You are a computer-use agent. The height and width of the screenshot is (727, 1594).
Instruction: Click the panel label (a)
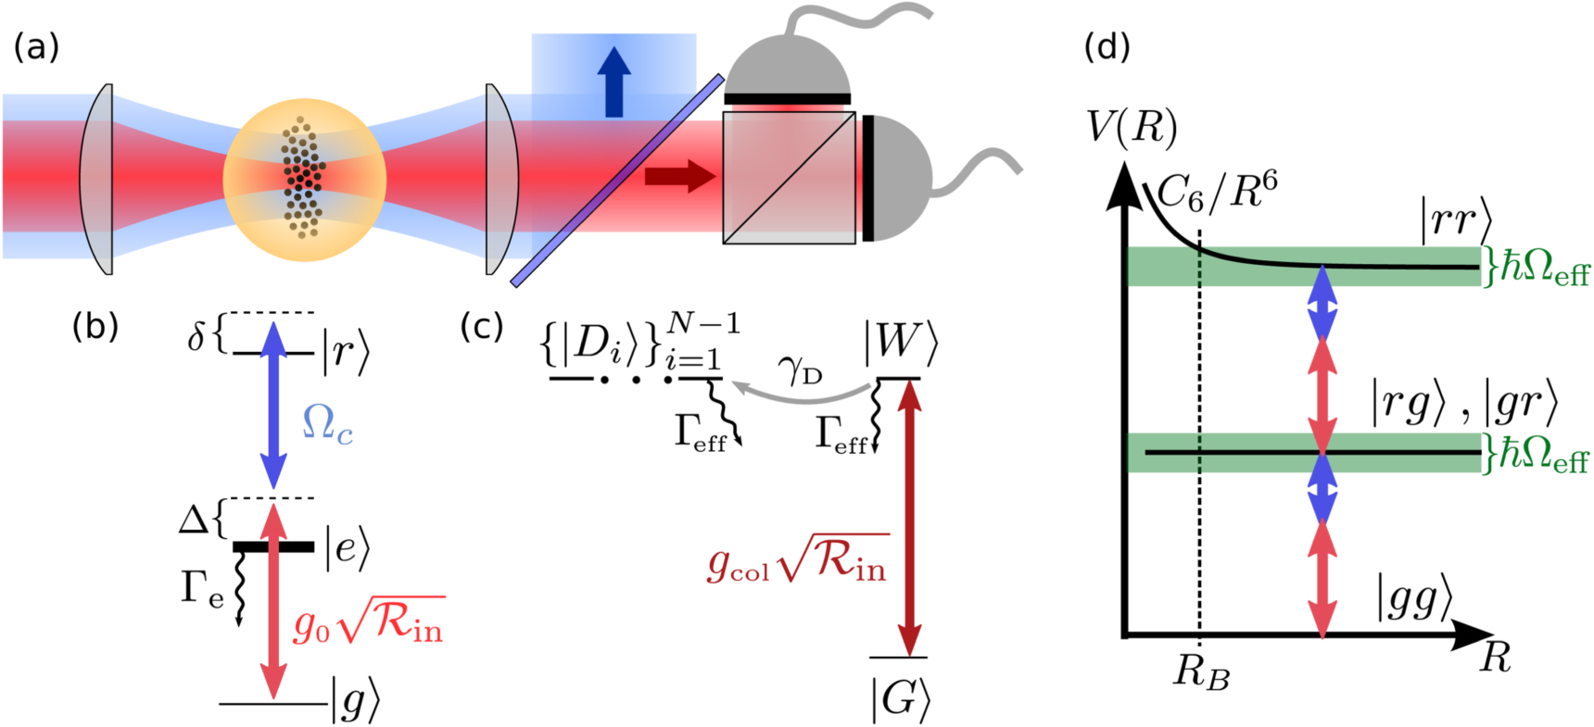coord(36,47)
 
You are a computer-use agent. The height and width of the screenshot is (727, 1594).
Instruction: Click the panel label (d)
coord(1107,47)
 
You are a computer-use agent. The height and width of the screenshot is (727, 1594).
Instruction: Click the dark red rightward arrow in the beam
coord(680,175)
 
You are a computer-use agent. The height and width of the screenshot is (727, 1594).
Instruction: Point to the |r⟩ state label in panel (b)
coord(345,352)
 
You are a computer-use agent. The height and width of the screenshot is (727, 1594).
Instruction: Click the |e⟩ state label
coord(347,548)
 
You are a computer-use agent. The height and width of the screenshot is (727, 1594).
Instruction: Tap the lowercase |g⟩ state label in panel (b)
coord(355,701)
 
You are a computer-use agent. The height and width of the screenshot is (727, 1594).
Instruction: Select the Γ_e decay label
coord(202,588)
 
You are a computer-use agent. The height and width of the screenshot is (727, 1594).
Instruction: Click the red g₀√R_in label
coord(368,621)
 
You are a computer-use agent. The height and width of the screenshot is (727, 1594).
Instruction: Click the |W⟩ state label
coord(900,344)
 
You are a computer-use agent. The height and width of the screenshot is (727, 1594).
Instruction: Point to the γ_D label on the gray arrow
coord(800,370)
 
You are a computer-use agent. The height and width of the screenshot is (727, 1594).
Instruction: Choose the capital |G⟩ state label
coord(900,699)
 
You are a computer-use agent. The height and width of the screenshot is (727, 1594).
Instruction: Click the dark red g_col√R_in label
coord(797,560)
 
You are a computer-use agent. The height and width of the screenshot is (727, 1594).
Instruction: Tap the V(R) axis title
coord(1132,127)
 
